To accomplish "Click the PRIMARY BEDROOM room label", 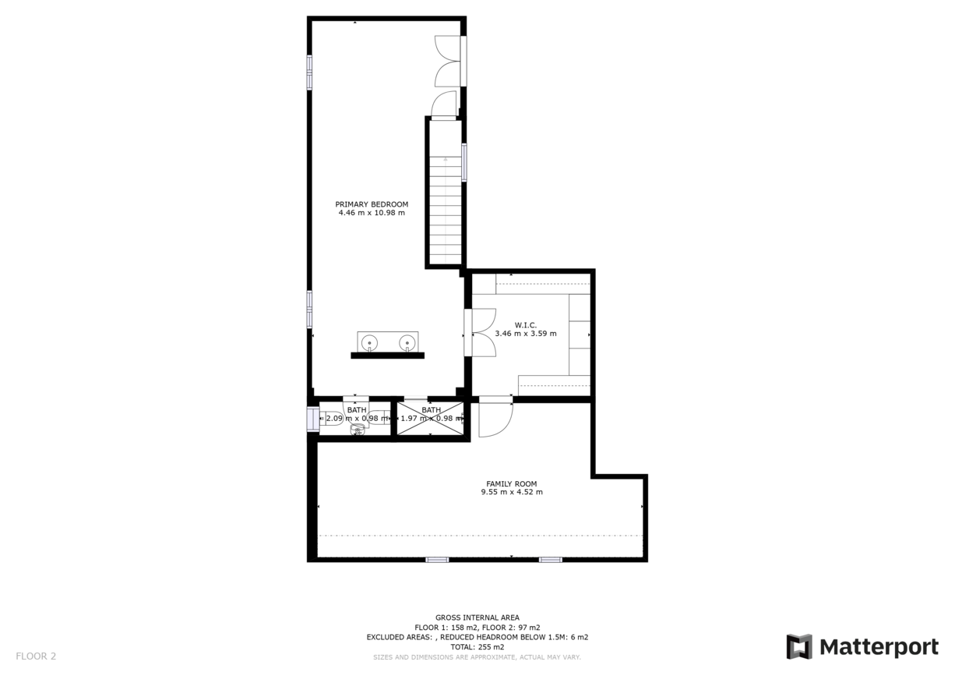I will pos(372,204).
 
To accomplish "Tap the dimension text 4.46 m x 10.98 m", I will pos(372,213).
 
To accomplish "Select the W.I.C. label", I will pos(526,325).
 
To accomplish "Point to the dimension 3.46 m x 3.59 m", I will pos(526,334).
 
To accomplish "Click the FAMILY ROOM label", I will pos(512,483).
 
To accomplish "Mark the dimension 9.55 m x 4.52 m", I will pos(512,492).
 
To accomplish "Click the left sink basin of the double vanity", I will pos(369,342).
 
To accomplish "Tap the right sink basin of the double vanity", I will pos(407,342).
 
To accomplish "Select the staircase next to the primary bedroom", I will pos(445,211).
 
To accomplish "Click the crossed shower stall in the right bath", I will pos(431,419).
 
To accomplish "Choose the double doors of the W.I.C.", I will pos(483,333).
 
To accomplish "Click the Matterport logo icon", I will pos(798,646).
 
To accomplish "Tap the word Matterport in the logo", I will pos(879,647).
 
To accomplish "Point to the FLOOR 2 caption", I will pos(36,657).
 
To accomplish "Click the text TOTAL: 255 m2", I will pos(477,647).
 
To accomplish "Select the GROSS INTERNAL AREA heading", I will pos(477,618).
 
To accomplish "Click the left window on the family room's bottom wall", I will pos(437,559).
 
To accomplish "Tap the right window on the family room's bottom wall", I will pos(550,559).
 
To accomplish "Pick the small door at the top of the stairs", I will pos(444,104).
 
